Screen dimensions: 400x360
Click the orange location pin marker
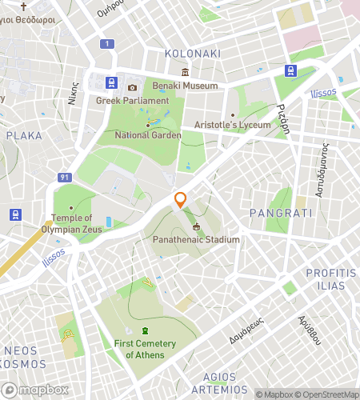(181, 201)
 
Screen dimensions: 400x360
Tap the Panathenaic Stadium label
(196, 239)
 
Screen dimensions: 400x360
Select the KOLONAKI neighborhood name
(191, 54)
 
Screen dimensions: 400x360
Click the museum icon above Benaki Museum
(185, 73)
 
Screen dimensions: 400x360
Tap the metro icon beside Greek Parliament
(110, 83)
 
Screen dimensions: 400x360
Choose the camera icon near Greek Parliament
(132, 87)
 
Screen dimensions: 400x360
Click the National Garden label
(150, 136)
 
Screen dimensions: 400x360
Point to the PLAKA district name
(24, 135)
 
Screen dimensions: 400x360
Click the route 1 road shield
(106, 43)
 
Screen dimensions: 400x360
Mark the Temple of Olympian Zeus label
(70, 223)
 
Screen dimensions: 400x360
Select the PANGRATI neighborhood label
(275, 213)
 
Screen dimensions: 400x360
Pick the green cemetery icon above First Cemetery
(145, 330)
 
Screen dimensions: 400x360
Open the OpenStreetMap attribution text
(327, 394)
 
